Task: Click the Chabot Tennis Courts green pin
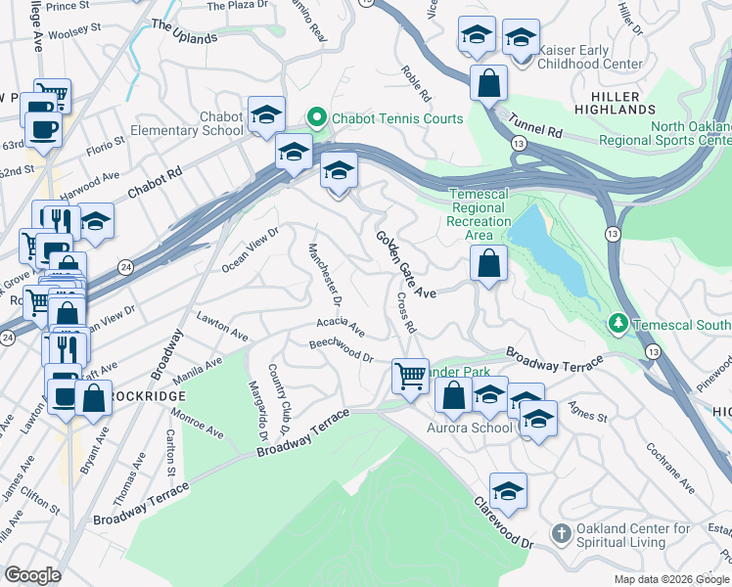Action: [316, 119]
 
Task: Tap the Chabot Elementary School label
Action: [207, 123]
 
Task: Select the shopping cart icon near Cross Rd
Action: [410, 375]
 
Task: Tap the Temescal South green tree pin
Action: [618, 322]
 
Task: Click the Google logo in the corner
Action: [32, 575]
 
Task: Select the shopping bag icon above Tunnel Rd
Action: [487, 82]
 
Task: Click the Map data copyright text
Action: [671, 579]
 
